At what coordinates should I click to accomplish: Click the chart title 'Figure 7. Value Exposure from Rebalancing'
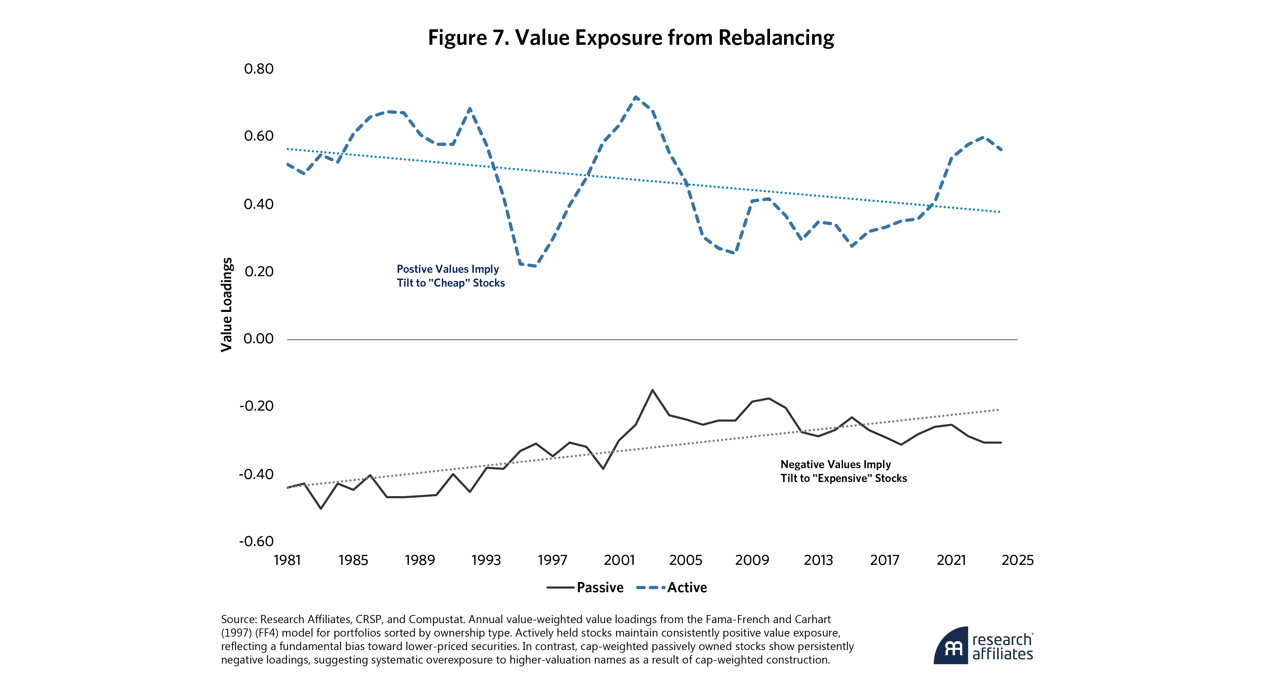click(631, 38)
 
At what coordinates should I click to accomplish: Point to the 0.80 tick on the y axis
click(259, 69)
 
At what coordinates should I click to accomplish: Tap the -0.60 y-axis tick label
click(256, 541)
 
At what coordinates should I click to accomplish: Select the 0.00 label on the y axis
click(259, 339)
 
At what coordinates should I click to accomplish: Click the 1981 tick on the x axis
click(287, 560)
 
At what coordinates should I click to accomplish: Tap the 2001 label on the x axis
click(619, 560)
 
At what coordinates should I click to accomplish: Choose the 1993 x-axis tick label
click(486, 560)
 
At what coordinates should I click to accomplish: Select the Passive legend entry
click(586, 587)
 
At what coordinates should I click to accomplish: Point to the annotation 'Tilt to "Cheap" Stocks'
click(451, 283)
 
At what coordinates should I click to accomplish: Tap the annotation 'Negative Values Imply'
click(835, 464)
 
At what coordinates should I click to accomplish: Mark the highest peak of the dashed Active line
click(635, 97)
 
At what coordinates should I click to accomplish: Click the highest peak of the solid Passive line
click(653, 390)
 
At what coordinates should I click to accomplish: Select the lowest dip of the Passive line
click(321, 508)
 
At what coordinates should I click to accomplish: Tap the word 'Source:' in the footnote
click(239, 619)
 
